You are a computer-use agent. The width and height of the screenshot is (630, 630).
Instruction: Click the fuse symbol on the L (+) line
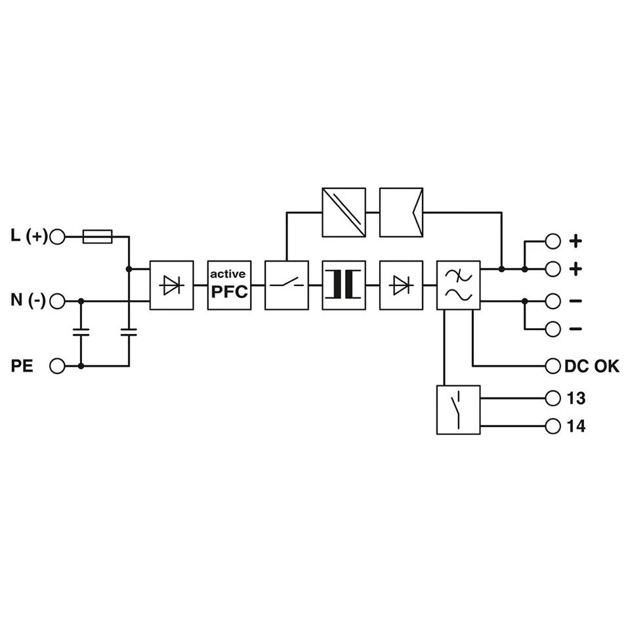pyautogui.click(x=97, y=237)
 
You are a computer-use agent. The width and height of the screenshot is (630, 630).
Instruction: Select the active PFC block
pyautogui.click(x=230, y=285)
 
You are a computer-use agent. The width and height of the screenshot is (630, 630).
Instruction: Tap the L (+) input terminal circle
pyautogui.click(x=57, y=237)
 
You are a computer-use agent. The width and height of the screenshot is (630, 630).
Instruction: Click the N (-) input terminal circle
pyautogui.click(x=57, y=301)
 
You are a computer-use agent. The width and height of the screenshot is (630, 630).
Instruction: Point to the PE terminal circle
pyautogui.click(x=57, y=366)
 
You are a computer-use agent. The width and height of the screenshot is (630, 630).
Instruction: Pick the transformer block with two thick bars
pyautogui.click(x=344, y=285)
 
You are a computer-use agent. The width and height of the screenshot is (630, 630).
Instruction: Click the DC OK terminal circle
pyautogui.click(x=553, y=366)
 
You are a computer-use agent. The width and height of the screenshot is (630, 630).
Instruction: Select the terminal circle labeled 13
pyautogui.click(x=553, y=398)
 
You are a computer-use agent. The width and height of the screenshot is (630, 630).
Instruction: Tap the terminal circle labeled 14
pyautogui.click(x=553, y=426)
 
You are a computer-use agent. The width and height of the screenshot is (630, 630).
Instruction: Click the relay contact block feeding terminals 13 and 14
pyautogui.click(x=459, y=409)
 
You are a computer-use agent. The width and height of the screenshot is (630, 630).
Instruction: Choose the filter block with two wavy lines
pyautogui.click(x=459, y=285)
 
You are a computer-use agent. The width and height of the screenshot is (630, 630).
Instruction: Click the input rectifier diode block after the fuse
pyautogui.click(x=171, y=285)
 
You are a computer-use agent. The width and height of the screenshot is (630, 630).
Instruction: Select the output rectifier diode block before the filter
pyautogui.click(x=402, y=285)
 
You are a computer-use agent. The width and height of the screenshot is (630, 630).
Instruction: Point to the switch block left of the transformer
pyautogui.click(x=287, y=285)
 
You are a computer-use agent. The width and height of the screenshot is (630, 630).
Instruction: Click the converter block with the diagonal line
pyautogui.click(x=344, y=212)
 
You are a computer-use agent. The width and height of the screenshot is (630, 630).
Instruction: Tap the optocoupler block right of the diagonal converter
pyautogui.click(x=402, y=212)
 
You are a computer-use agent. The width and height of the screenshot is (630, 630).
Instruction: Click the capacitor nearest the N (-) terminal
pyautogui.click(x=81, y=332)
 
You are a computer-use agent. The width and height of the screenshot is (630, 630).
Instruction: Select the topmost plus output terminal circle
pyautogui.click(x=553, y=241)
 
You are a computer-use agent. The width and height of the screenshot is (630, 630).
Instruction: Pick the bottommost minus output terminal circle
pyautogui.click(x=553, y=329)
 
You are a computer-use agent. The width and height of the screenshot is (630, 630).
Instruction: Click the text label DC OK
pyautogui.click(x=592, y=366)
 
